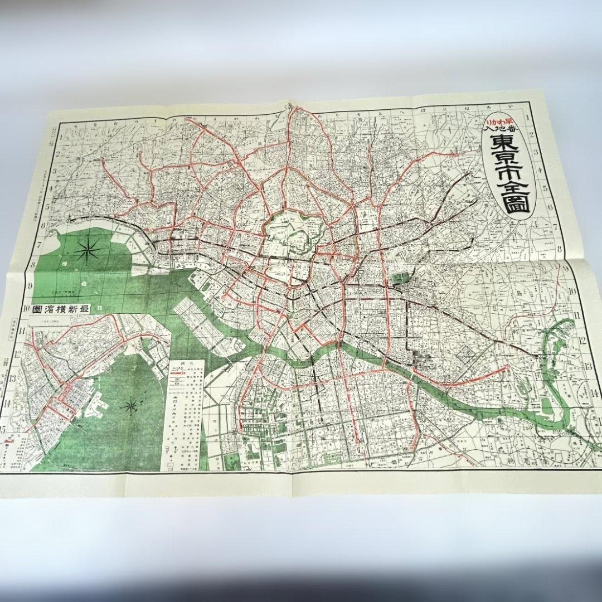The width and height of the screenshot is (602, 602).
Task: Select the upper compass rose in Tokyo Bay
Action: point(89,252)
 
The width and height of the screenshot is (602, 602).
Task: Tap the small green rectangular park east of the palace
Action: point(399,278)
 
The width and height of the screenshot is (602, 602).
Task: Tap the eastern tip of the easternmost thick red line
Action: point(508,366)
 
